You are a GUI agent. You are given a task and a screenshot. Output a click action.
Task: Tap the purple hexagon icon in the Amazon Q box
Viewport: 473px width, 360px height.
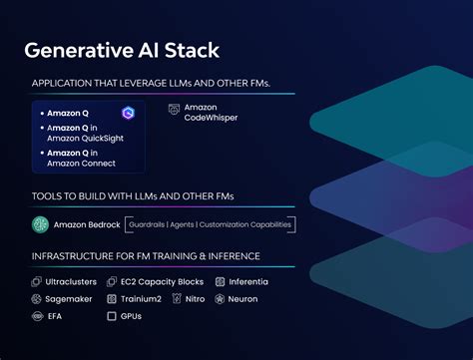coord(128,114)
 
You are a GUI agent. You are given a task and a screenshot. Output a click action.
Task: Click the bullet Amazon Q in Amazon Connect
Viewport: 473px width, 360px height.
coord(81,158)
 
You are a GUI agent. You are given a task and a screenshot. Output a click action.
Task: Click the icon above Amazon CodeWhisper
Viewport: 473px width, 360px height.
coord(175,108)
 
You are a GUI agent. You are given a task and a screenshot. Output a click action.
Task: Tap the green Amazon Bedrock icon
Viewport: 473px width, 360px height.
coord(40,224)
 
